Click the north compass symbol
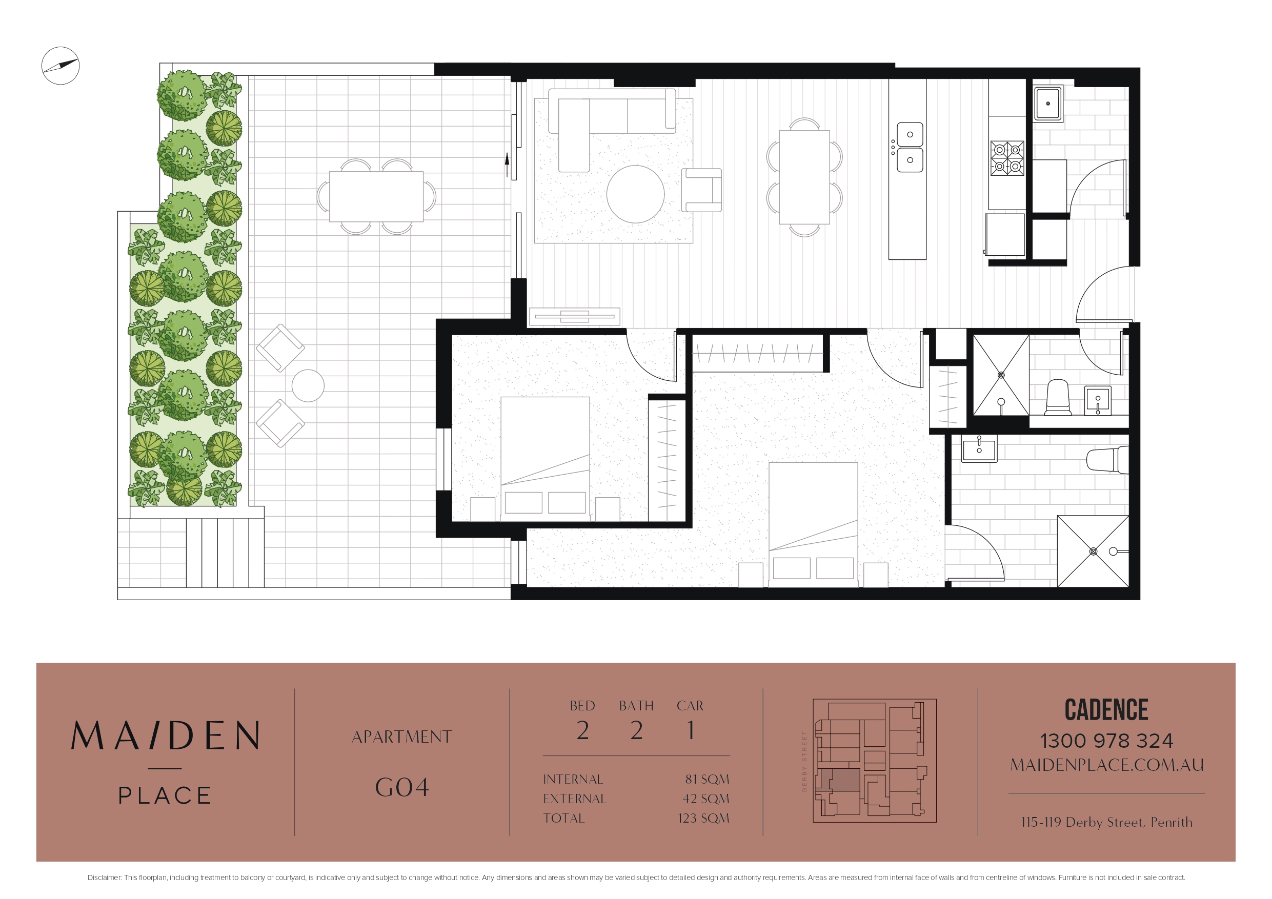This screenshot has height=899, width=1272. pyautogui.click(x=60, y=66)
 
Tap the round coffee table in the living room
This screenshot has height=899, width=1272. pyautogui.click(x=635, y=194)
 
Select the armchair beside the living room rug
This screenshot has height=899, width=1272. pyautogui.click(x=701, y=190)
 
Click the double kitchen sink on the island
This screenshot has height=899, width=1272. pyautogui.click(x=910, y=147)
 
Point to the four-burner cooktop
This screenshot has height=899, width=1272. pyautogui.click(x=1007, y=158)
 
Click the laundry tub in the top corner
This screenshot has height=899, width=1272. pyautogui.click(x=1048, y=104)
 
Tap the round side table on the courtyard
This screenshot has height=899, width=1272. pyautogui.click(x=308, y=385)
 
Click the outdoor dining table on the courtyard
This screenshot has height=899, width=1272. pyautogui.click(x=376, y=197)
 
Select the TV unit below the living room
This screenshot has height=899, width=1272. pyautogui.click(x=575, y=316)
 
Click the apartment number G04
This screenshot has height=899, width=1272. pyautogui.click(x=401, y=787)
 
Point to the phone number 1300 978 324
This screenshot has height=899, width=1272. pyautogui.click(x=1106, y=741)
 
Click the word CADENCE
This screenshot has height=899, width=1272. pyautogui.click(x=1106, y=709)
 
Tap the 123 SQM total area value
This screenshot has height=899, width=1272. pyautogui.click(x=703, y=818)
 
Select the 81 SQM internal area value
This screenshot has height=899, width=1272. pyautogui.click(x=707, y=779)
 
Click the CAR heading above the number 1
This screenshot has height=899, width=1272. pyautogui.click(x=690, y=706)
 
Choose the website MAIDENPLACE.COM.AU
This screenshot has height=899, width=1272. pyautogui.click(x=1106, y=765)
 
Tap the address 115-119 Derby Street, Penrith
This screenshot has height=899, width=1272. pyautogui.click(x=1106, y=822)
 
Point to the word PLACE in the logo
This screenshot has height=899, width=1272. pyautogui.click(x=165, y=795)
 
